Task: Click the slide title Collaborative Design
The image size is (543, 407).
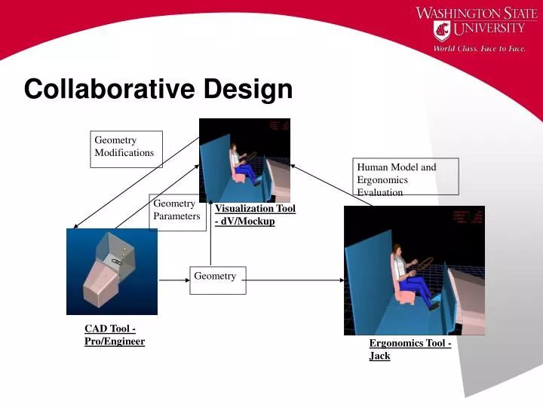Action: click(158, 89)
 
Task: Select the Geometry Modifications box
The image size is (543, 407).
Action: click(126, 148)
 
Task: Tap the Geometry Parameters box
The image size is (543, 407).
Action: click(178, 210)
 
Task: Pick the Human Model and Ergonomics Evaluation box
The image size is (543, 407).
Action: click(406, 178)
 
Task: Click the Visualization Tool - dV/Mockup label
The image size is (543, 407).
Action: click(255, 215)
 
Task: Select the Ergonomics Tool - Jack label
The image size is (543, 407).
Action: click(410, 349)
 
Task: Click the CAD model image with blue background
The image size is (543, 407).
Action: click(112, 271)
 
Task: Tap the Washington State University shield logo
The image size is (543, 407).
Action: click(441, 30)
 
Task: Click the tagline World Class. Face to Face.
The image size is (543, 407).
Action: click(479, 49)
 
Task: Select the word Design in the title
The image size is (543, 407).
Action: click(248, 89)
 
